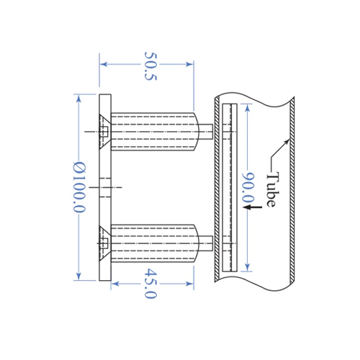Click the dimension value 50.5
[150, 66]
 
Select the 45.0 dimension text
[150, 284]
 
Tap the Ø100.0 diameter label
[79, 187]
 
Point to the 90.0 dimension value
[248, 188]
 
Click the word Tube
[273, 189]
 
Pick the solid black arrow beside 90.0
[252, 207]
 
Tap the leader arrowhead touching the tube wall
[287, 141]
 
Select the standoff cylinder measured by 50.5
[155, 132]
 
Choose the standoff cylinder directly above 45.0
[155, 243]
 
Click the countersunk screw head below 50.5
[105, 132]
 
